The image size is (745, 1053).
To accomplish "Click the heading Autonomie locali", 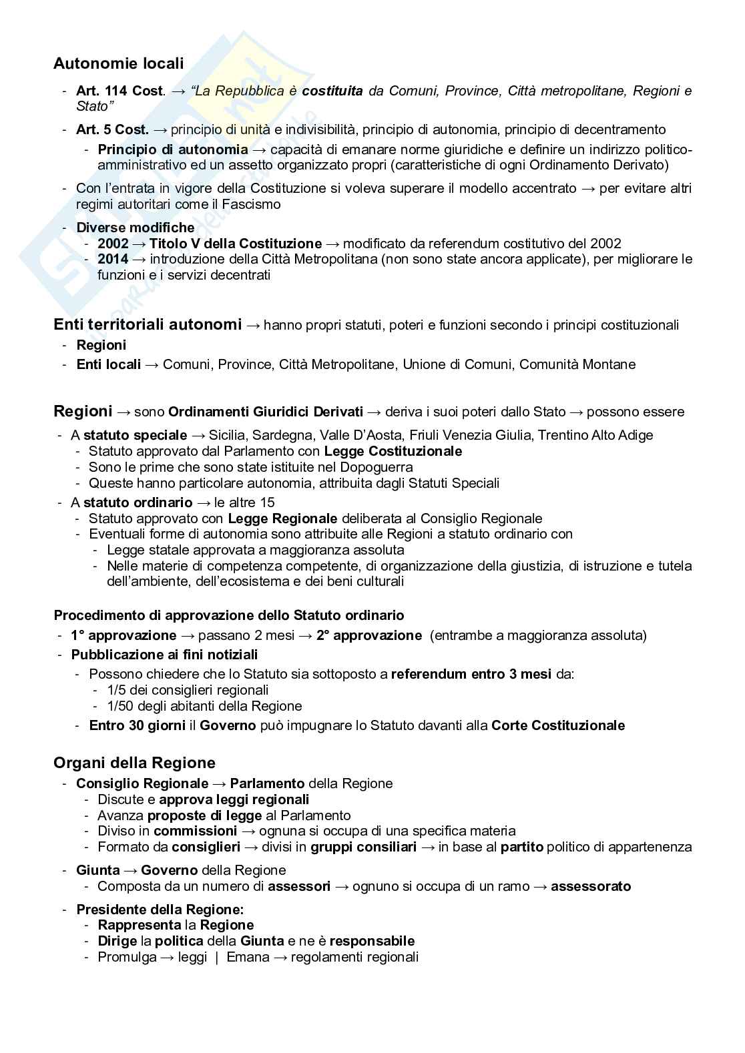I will coord(118,63).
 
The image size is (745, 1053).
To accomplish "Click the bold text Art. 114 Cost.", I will coord(119,91).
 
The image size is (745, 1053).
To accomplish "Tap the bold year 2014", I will coord(113,259).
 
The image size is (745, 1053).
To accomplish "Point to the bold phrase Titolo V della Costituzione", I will coord(235,244).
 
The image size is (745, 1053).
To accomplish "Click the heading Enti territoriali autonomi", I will coord(148,325).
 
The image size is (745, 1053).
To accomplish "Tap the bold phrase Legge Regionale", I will coord(282,518).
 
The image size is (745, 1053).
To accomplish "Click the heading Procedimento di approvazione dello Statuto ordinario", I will coord(229,615).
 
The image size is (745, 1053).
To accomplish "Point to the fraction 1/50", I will coord(121,706).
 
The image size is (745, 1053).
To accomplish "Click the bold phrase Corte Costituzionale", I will coord(558,725).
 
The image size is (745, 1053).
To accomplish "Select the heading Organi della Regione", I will coord(134,763).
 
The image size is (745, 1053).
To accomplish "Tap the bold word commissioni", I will coord(195,831).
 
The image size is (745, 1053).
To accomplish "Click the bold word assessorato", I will coord(591,886).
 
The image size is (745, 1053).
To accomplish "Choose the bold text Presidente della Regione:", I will coord(160,910).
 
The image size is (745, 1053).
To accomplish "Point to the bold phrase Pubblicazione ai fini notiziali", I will coord(164,655).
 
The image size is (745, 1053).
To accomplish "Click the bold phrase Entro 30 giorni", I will coord(138,725).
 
